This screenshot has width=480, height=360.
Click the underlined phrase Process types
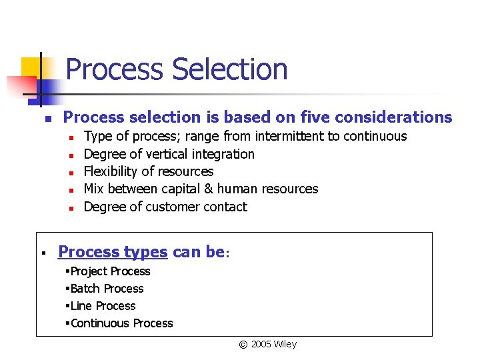[x=113, y=252]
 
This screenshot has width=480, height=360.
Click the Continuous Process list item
[x=121, y=323]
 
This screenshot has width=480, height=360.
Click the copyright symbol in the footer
[x=243, y=345]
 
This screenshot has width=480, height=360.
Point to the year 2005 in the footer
[x=261, y=345]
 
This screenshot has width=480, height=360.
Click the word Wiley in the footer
[x=285, y=345]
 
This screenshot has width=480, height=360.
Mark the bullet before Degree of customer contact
[x=70, y=207]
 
